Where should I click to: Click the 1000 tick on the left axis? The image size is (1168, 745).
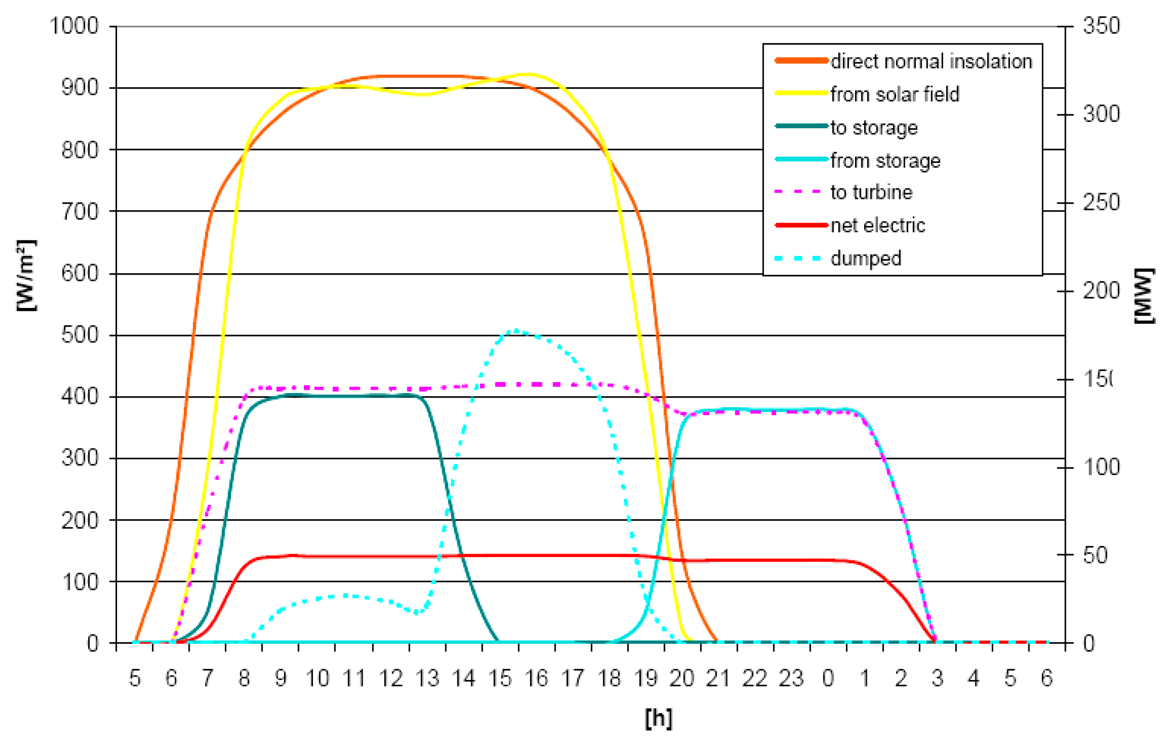pos(74,26)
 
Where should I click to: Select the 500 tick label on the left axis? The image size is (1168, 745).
pos(80,335)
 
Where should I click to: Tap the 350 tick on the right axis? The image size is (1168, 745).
pos(1101,26)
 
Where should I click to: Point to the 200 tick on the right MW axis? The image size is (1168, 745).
pos(1101,291)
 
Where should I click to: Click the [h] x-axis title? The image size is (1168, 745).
pos(658,718)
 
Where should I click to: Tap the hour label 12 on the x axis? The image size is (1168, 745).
pos(391,678)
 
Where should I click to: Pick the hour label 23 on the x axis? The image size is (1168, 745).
pos(791,678)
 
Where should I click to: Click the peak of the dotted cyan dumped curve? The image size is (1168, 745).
pos(516,331)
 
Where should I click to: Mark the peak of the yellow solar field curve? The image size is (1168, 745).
pos(530,74)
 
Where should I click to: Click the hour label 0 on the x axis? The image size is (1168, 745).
pos(829,678)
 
